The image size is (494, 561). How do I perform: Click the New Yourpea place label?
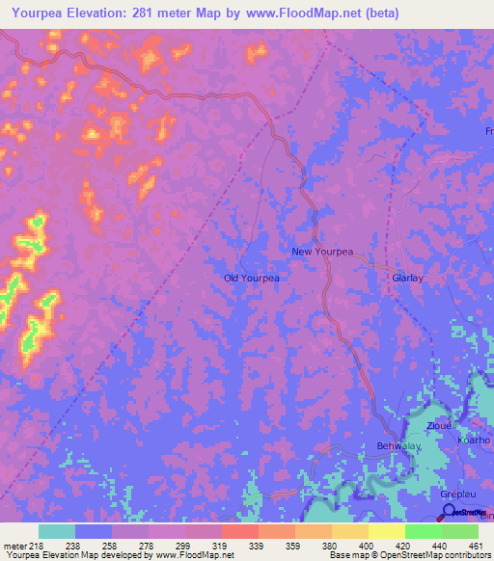pyautogui.click(x=322, y=252)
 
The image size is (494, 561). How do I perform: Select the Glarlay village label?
pyautogui.click(x=407, y=278)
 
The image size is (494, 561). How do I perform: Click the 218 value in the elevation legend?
pyautogui.click(x=37, y=546)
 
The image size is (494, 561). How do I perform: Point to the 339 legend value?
pyautogui.click(x=256, y=546)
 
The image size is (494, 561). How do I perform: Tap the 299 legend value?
pyautogui.click(x=183, y=546)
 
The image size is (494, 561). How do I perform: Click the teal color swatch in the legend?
pyautogui.click(x=57, y=531)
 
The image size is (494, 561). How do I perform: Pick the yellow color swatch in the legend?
pyautogui.click(x=386, y=531)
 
